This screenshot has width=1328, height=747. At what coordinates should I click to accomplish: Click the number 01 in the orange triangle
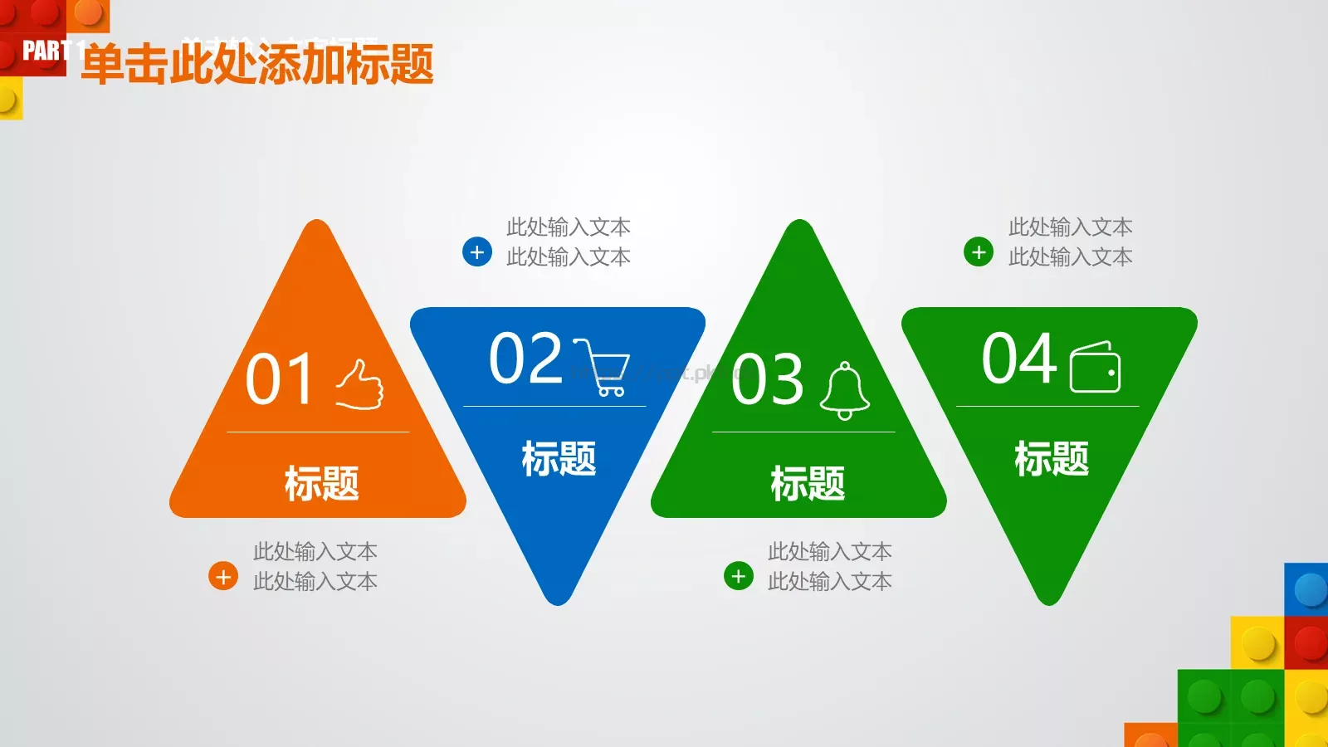tap(280, 379)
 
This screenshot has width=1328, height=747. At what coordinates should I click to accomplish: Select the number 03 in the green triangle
tap(768, 379)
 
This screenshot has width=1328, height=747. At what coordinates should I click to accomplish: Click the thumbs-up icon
tap(360, 384)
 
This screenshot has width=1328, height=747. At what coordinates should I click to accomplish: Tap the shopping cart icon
tap(603, 367)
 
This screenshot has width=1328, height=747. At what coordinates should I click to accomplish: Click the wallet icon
tap(1095, 367)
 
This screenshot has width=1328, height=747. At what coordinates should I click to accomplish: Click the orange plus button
tap(223, 576)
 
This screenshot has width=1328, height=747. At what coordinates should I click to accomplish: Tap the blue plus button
tap(477, 251)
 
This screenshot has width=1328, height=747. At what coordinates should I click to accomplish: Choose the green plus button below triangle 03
tap(739, 576)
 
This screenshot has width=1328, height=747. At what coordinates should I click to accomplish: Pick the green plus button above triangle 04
tap(979, 251)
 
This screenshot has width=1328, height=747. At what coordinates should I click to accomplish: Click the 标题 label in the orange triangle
tap(322, 483)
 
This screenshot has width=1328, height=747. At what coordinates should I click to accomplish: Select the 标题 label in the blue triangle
tap(559, 458)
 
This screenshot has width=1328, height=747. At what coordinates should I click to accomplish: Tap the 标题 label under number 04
tap(1052, 458)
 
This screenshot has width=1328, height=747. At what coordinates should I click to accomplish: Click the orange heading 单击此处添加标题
tap(257, 65)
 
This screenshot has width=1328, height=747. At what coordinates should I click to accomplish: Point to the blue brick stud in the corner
tap(1310, 590)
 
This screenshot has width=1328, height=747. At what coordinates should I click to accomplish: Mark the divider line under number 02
tap(554, 406)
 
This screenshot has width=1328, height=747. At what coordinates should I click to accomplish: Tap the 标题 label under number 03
tap(808, 483)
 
